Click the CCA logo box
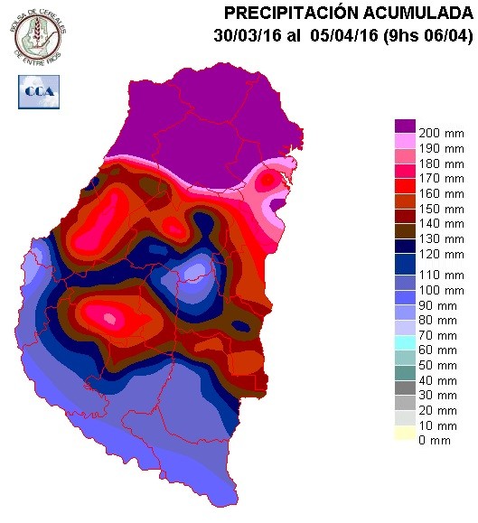point(38,90)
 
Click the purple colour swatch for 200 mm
point(405,126)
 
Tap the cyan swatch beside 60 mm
point(405,342)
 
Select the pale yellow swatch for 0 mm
point(405,434)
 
